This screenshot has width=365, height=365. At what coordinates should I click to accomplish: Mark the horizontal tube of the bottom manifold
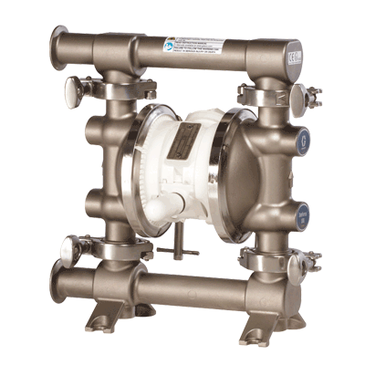182,289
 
